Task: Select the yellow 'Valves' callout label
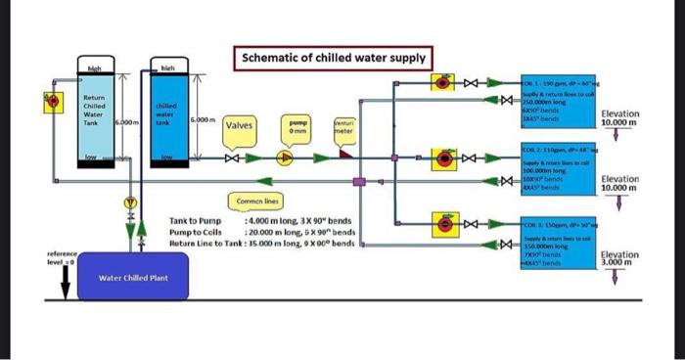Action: click(241, 125)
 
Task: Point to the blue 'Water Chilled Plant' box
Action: click(132, 278)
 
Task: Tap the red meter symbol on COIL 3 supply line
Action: click(444, 224)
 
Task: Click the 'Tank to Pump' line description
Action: click(199, 222)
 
